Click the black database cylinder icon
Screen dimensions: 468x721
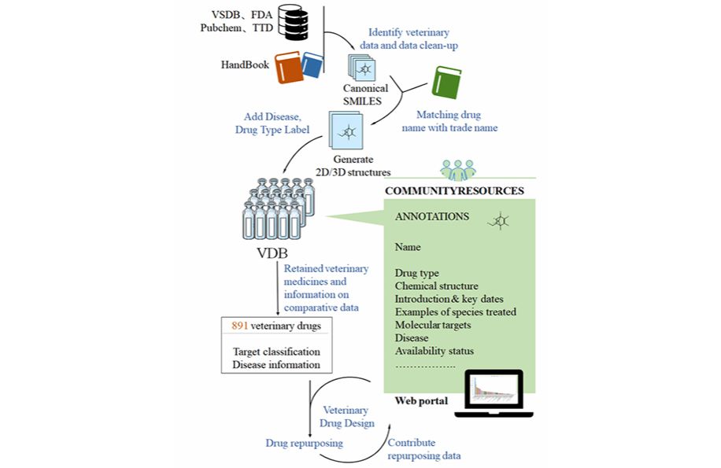[x=295, y=22]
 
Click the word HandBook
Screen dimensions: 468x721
[x=244, y=64]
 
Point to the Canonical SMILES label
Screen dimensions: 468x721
[x=365, y=94]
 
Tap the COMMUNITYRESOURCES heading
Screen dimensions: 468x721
[x=454, y=191]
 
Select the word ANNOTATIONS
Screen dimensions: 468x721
[x=431, y=216]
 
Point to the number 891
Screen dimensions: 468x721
[x=241, y=326]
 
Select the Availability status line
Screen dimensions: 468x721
[x=435, y=351]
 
